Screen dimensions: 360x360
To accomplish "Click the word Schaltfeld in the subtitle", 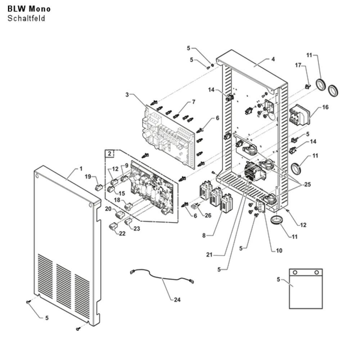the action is tap(26, 18).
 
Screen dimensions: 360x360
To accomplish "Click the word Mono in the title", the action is tap(40, 9).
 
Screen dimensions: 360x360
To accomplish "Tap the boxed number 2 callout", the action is tap(109, 154).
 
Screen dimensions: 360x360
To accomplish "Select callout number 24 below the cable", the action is tap(177, 300).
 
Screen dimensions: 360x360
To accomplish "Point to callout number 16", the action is tap(325, 107).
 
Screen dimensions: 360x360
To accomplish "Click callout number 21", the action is tap(209, 255).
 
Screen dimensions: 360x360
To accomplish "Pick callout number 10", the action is tap(279, 251).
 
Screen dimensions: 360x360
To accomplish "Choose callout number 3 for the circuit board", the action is tap(127, 95).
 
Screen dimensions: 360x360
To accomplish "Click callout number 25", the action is tap(307, 184).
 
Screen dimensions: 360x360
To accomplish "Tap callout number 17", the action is tap(298, 66).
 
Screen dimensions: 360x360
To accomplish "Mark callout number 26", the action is tap(208, 215).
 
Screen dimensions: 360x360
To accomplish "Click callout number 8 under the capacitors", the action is tap(204, 235).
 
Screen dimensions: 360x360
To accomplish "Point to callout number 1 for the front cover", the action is tap(81, 169).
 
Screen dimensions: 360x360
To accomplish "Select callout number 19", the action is tap(88, 176).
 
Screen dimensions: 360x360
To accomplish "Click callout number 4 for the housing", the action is tap(273, 59).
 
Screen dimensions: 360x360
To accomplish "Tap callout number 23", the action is tap(136, 229).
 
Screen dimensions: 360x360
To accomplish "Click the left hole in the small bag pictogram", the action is tap(295, 273).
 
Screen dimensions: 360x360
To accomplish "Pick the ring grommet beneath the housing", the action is tap(276, 220).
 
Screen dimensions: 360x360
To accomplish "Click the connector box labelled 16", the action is tap(299, 115).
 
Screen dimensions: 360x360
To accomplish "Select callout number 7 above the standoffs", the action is tap(194, 102).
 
